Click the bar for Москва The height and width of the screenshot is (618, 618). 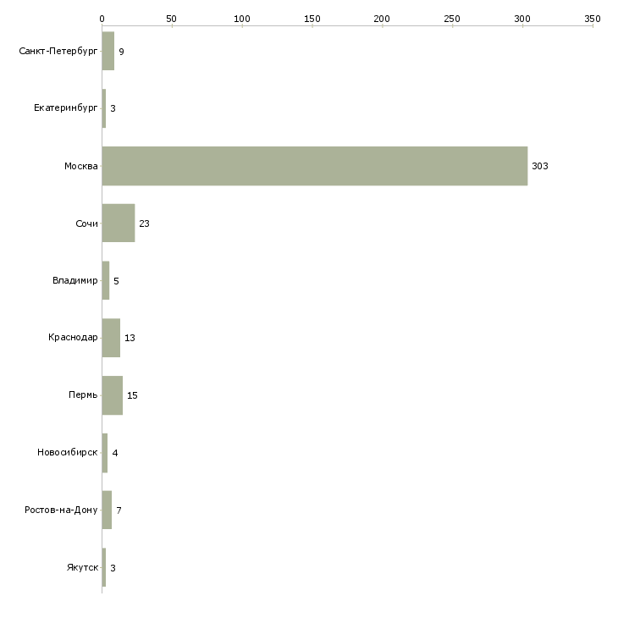(x=314, y=166)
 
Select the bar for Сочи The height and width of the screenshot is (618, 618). (x=118, y=223)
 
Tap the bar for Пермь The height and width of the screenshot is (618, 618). (x=112, y=395)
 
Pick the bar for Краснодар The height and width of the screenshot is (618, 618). (x=111, y=338)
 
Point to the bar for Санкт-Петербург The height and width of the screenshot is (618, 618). (x=108, y=52)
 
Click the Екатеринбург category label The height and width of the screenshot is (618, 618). (x=65, y=108)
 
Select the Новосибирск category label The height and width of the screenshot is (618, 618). (x=67, y=453)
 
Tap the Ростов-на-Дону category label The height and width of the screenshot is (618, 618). (x=61, y=510)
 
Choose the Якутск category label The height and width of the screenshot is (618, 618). (x=82, y=567)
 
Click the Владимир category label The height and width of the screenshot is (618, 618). (x=74, y=280)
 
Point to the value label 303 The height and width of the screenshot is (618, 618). (x=540, y=166)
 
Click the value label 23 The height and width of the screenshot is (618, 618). (x=144, y=223)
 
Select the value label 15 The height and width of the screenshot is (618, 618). (x=132, y=395)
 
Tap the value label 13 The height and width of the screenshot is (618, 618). (x=130, y=338)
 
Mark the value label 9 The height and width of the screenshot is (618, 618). (x=121, y=52)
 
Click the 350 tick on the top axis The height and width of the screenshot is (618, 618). (x=593, y=18)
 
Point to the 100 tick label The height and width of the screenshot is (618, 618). (x=242, y=18)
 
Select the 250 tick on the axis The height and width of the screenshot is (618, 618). (x=453, y=18)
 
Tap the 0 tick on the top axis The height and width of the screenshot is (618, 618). (x=102, y=18)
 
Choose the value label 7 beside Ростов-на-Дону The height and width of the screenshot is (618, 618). (x=119, y=510)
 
